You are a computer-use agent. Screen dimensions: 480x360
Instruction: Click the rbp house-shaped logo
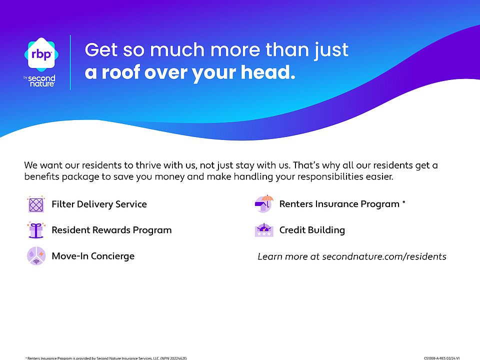click(41, 54)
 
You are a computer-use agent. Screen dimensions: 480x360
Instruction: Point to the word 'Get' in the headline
click(101, 50)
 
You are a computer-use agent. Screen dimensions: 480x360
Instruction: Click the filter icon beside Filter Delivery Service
click(36, 204)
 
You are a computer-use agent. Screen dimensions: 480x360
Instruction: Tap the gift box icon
click(36, 230)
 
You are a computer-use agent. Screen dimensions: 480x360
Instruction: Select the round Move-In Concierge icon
click(36, 256)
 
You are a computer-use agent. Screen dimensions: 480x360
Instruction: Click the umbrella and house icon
click(264, 203)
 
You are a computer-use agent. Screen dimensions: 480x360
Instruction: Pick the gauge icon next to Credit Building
click(264, 230)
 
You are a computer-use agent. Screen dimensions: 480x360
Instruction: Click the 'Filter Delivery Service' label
click(99, 204)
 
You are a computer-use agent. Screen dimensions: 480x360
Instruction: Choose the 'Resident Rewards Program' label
click(111, 230)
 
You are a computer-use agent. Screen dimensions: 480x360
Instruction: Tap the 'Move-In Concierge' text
click(93, 256)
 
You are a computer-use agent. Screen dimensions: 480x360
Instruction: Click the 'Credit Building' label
click(312, 230)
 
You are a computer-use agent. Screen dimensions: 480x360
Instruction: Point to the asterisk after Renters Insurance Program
click(404, 202)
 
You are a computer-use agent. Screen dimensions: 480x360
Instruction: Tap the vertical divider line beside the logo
click(70, 62)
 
